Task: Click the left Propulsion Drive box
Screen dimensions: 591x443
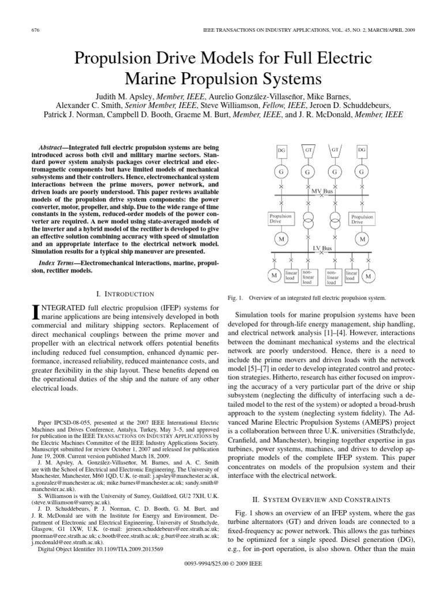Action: [281, 219]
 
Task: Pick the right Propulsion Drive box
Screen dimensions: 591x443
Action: [362, 219]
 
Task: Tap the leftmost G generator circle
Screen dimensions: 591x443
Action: [281, 171]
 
